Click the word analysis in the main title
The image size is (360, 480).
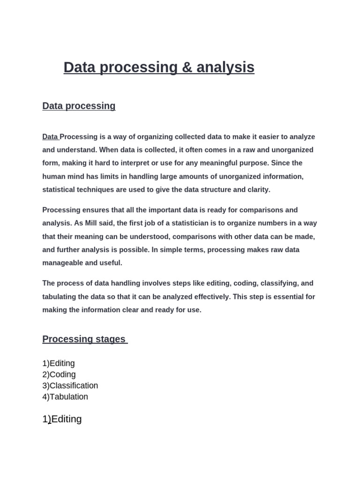click(225, 67)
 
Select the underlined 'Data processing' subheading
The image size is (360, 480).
click(79, 106)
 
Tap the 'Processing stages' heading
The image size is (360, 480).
click(84, 339)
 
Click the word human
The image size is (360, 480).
click(53, 176)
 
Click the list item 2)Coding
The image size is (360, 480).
click(59, 375)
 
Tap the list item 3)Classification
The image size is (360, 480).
click(70, 386)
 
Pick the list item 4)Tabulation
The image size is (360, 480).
click(65, 397)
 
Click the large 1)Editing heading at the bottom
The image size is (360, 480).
click(62, 419)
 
